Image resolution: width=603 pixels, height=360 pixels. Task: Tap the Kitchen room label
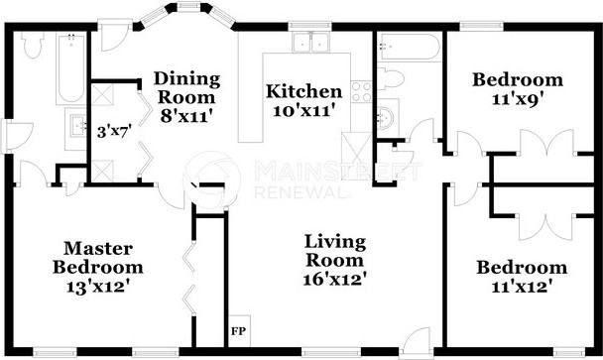point(303,91)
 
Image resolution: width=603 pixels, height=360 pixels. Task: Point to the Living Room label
point(335,252)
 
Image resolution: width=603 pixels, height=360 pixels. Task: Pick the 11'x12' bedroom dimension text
point(521,288)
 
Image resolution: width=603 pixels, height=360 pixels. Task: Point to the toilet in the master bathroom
point(32,47)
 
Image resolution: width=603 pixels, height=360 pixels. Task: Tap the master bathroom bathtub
point(71,69)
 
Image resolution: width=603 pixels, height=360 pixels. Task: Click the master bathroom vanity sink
point(77,124)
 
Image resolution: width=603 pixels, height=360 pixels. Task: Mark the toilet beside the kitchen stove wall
point(393,78)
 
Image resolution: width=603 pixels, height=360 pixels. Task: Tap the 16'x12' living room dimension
point(335,280)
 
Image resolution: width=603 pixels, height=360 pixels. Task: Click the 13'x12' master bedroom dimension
point(98,287)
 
